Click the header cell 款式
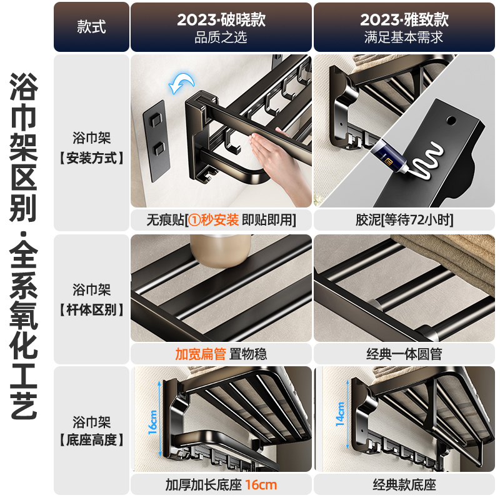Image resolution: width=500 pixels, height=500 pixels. [91, 27]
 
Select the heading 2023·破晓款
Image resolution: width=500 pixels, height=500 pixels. [221, 19]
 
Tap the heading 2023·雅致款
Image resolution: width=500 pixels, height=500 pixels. [404, 19]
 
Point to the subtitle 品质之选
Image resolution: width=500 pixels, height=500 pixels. [221, 37]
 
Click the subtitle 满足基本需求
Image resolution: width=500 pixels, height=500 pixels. [404, 37]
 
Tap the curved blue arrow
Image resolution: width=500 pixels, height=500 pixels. [182, 83]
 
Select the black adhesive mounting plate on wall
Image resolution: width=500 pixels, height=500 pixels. [157, 141]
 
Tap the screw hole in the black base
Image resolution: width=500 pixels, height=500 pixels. [451, 121]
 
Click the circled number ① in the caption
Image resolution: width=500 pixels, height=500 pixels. [194, 220]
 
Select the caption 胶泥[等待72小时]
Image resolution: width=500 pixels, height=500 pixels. [404, 220]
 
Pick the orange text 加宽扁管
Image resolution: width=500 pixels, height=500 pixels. [201, 354]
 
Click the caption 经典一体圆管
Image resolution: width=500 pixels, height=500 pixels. [404, 354]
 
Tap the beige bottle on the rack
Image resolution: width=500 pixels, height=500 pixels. [221, 251]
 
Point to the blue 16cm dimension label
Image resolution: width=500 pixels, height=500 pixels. [152, 421]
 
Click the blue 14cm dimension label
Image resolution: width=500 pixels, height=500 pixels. [340, 414]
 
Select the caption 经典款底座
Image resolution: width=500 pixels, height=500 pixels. [404, 485]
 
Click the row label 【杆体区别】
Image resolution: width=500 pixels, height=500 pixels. [91, 309]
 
